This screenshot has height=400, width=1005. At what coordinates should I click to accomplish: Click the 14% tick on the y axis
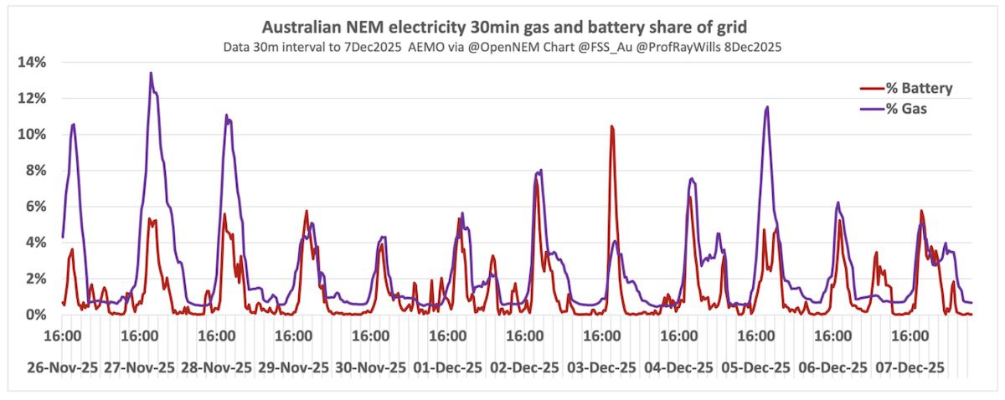pos(31,62)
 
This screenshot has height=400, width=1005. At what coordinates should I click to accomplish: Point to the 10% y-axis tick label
pos(31,134)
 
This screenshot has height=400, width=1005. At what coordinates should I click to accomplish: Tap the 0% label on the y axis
pos(34,315)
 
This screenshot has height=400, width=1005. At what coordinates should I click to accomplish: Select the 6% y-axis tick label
pos(34,207)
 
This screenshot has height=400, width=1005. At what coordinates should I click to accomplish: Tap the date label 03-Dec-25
pos(601,367)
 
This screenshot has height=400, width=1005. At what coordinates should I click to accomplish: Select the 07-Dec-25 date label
pos(910,367)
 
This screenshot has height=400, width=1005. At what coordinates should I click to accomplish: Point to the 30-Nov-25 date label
pos(370,367)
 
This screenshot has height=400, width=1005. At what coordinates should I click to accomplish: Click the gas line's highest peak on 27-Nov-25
pos(151,74)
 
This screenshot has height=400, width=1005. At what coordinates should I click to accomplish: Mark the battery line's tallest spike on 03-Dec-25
pos(611,126)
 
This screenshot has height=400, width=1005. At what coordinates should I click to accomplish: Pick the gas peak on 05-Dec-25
pos(765,107)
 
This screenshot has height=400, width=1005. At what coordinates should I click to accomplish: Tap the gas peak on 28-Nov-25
pos(226,115)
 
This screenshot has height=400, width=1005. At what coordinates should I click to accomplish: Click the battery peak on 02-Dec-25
pos(536,180)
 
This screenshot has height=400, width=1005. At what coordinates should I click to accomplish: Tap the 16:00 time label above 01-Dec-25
pos(447,336)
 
